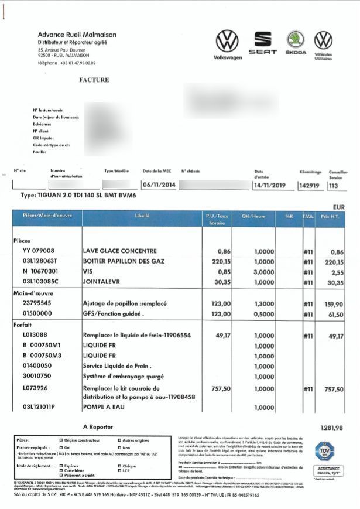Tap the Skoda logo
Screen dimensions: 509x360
[296, 42]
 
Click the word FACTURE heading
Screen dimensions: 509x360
[94, 80]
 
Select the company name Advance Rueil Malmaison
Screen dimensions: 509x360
[77, 35]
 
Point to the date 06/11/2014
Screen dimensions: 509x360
[159, 185]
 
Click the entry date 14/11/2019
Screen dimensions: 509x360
[269, 185]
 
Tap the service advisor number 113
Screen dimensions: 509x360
[334, 185]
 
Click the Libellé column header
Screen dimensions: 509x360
[142, 216]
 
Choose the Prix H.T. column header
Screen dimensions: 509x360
[334, 216]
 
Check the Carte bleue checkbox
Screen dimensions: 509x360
[61, 470]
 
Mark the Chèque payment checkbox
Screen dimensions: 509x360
[119, 466]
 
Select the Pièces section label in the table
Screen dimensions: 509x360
[22, 241]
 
